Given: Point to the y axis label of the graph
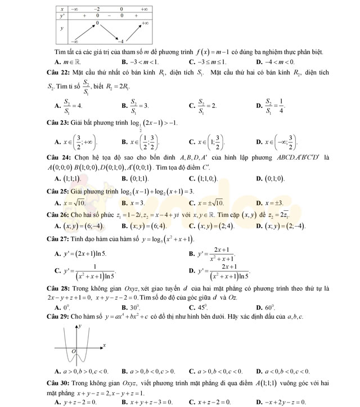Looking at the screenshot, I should point(80,326).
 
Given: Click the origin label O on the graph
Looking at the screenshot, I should point(73,351).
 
